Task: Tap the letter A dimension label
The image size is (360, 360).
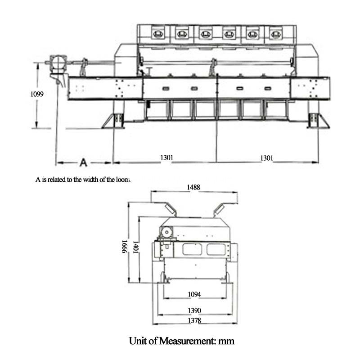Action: point(83,161)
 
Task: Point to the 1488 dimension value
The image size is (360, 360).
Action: point(194,187)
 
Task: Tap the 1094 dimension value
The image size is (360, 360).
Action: point(194,295)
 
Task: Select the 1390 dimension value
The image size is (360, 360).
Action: point(194,310)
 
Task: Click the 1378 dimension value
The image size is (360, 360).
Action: point(194,320)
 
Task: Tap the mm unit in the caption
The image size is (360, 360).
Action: point(226,341)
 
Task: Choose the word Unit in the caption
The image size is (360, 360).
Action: point(139,341)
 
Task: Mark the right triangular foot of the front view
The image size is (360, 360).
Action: point(318,121)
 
